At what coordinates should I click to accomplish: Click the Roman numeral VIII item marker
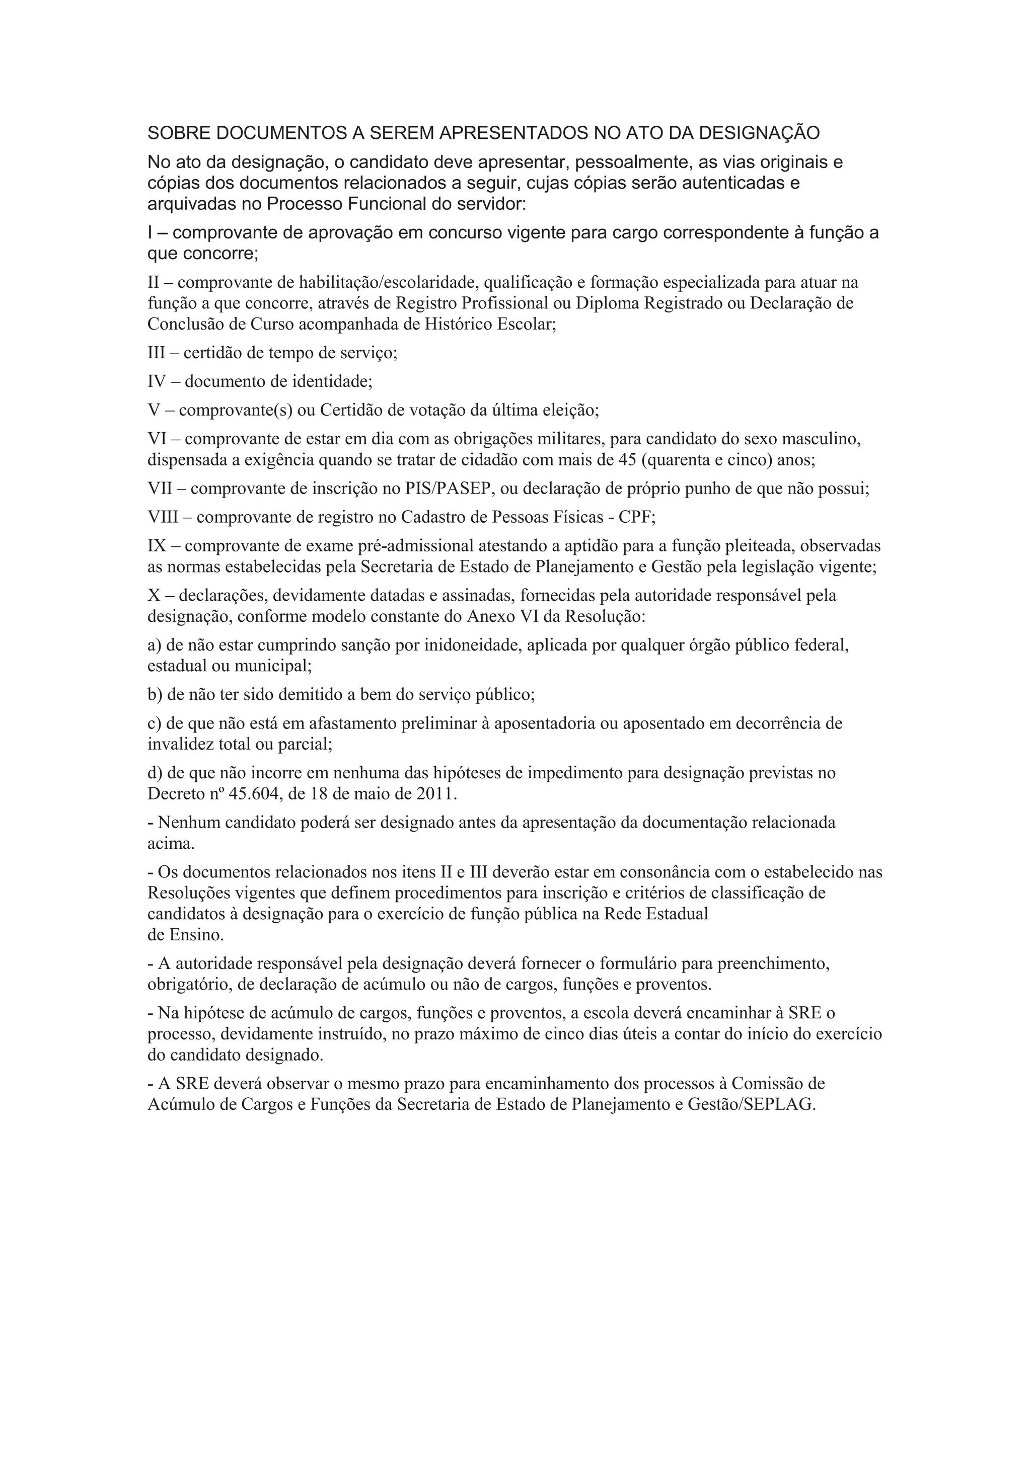coord(163,517)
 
